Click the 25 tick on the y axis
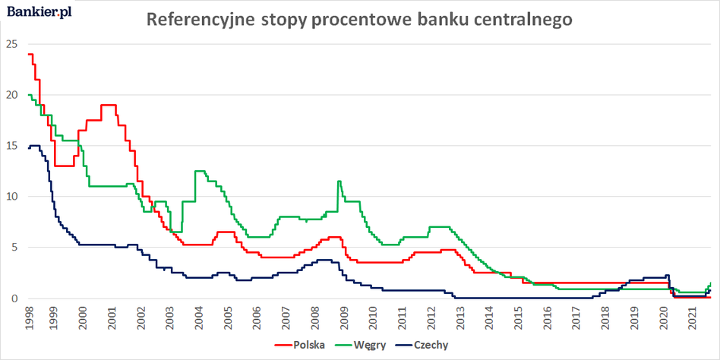[x=11, y=44]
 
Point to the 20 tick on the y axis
[x=11, y=95]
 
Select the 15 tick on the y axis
[x=11, y=146]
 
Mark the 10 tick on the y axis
[x=11, y=197]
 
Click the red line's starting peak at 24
[x=30, y=54]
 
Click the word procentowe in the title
[x=360, y=20]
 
